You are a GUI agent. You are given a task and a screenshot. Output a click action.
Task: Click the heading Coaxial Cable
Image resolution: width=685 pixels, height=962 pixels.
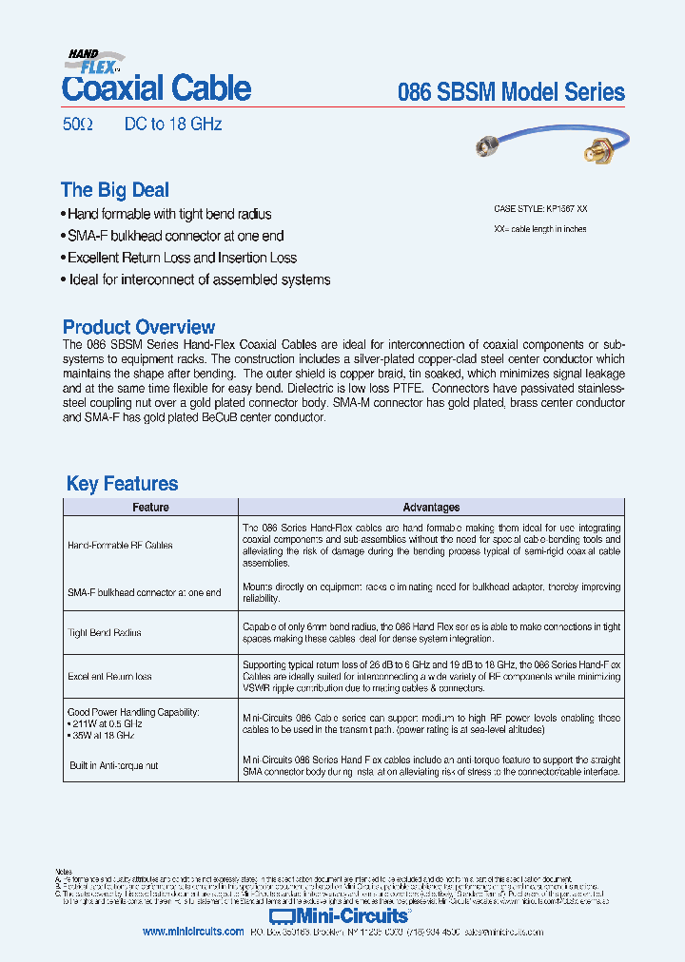(x=156, y=88)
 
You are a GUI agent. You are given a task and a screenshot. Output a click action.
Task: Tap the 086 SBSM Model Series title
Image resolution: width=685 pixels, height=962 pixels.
(x=511, y=92)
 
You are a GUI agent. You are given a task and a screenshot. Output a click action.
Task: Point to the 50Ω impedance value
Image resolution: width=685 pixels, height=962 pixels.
(x=70, y=125)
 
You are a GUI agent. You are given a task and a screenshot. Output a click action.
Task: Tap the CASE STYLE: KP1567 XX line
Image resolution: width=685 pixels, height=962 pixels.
(x=547, y=208)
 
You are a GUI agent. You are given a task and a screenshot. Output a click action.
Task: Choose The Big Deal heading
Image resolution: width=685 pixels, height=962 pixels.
(x=114, y=190)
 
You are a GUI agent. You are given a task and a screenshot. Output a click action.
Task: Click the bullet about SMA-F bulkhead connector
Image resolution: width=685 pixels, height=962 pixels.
(x=174, y=236)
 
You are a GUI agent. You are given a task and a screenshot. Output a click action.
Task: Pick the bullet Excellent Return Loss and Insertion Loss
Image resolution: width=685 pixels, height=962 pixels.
(x=181, y=258)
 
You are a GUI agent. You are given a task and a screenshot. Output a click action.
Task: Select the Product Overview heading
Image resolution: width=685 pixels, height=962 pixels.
(x=139, y=327)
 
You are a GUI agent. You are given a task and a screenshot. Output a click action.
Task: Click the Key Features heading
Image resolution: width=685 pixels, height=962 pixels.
(x=122, y=484)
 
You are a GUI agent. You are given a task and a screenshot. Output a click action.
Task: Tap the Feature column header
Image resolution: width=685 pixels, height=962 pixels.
(x=150, y=508)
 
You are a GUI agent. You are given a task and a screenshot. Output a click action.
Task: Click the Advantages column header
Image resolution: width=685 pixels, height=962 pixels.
(x=431, y=508)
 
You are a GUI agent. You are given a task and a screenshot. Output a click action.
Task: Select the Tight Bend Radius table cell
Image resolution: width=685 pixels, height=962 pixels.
(x=104, y=633)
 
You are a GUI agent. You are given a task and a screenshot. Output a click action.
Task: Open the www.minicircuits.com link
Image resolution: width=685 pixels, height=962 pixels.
(x=193, y=933)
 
